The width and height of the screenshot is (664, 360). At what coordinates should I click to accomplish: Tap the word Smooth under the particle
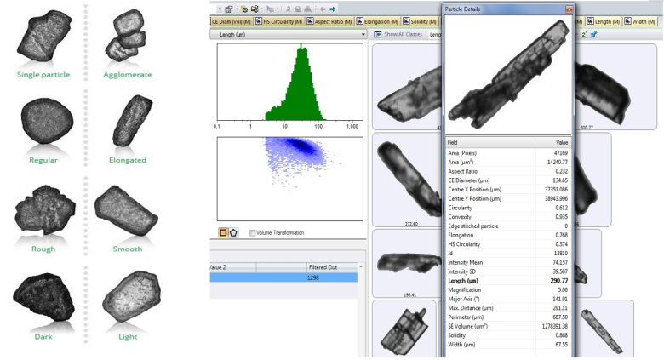click(x=128, y=249)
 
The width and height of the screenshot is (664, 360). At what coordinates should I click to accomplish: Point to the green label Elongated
click(x=128, y=160)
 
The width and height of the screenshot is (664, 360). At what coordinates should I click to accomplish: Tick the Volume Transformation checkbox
click(x=254, y=232)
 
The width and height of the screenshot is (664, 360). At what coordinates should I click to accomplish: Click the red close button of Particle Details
click(x=569, y=9)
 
